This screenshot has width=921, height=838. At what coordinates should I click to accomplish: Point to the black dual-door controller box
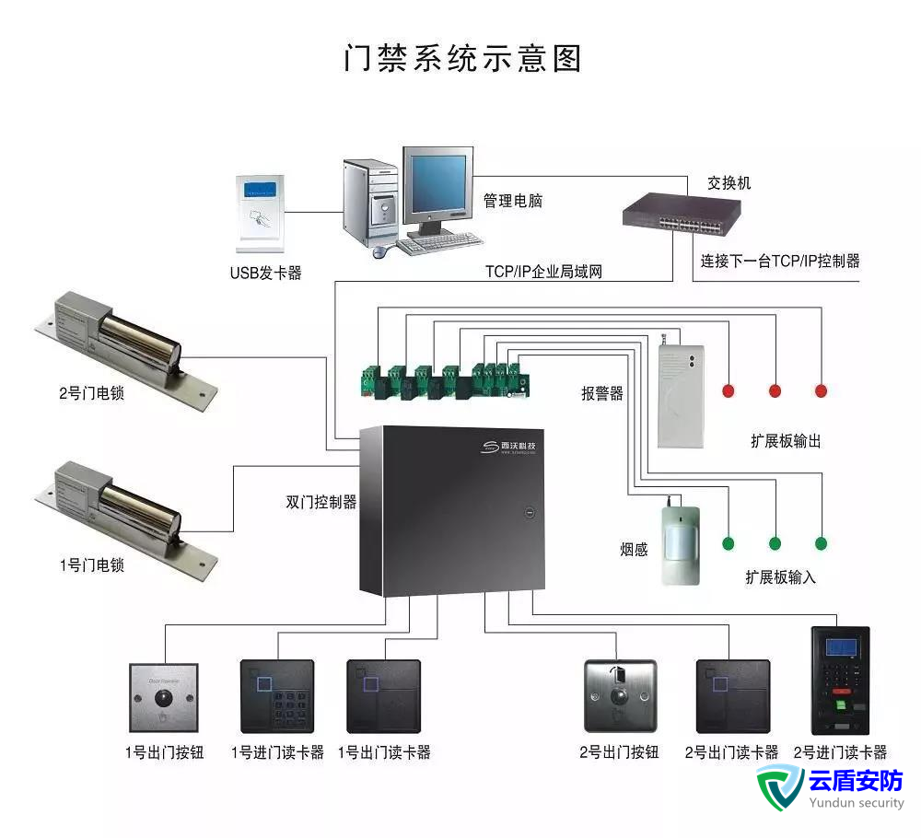click(x=451, y=511)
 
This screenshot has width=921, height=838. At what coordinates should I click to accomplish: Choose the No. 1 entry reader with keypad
click(x=276, y=696)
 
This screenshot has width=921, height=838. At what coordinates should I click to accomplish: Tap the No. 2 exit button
click(x=620, y=696)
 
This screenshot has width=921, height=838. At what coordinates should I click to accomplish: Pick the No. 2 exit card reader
click(x=732, y=696)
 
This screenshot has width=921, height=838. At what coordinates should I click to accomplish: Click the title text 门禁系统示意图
click(x=462, y=57)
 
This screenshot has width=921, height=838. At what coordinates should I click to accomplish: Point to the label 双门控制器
click(x=321, y=503)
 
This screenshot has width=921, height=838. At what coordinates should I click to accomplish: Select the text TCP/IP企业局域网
click(x=543, y=272)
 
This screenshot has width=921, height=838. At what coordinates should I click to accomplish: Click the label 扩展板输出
click(x=786, y=441)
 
